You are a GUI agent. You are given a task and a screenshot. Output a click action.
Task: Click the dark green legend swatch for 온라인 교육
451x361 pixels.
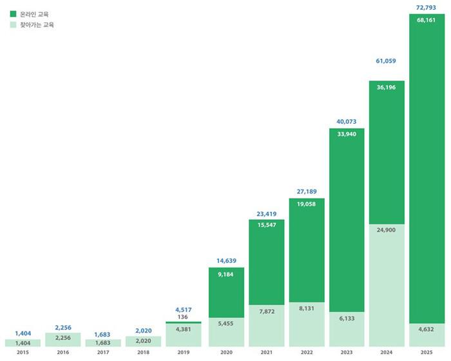13,14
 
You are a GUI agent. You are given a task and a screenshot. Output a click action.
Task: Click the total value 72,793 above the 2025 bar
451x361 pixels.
427,7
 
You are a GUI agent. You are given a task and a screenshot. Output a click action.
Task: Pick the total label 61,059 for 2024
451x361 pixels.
387,61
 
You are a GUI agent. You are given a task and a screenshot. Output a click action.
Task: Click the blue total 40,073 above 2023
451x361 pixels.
346,121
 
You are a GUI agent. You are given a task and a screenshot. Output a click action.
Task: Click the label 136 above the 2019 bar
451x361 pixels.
184,317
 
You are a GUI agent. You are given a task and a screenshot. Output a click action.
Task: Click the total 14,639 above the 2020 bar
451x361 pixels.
225,261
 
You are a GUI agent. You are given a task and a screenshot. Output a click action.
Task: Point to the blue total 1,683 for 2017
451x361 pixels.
103,334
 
